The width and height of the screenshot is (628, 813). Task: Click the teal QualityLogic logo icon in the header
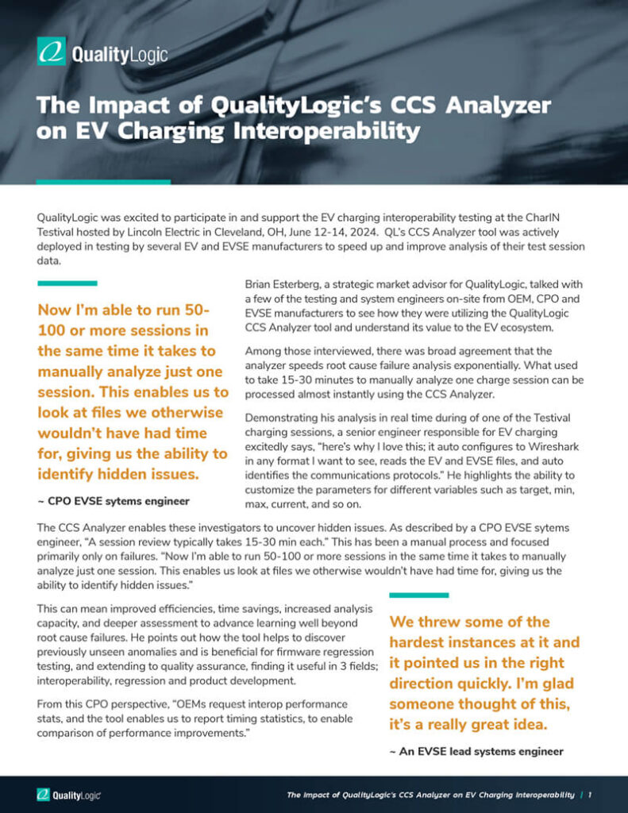[52, 52]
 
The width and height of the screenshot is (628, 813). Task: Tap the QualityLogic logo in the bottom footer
[68, 794]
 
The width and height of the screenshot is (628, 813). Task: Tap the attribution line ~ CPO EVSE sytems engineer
[114, 501]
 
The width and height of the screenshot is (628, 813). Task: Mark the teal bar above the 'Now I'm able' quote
[67, 283]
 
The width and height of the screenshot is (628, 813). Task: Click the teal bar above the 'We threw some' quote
[418, 595]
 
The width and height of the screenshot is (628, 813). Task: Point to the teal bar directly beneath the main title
[103, 182]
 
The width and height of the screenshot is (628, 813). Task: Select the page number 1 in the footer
[591, 794]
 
